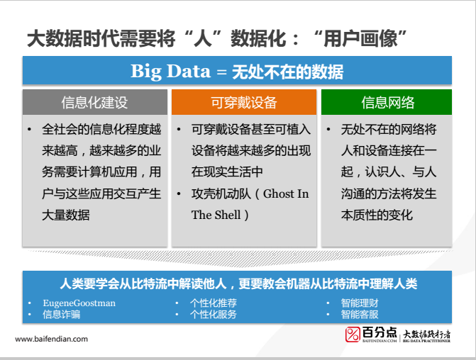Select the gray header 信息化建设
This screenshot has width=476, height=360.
(95, 103)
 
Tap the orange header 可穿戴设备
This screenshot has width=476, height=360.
(243, 103)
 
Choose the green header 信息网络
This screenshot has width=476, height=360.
(387, 103)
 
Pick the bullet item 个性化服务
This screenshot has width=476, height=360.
(213, 314)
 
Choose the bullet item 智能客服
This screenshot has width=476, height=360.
(359, 314)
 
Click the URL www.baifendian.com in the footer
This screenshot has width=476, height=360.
(51, 339)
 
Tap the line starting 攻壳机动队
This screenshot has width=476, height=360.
(227, 193)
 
